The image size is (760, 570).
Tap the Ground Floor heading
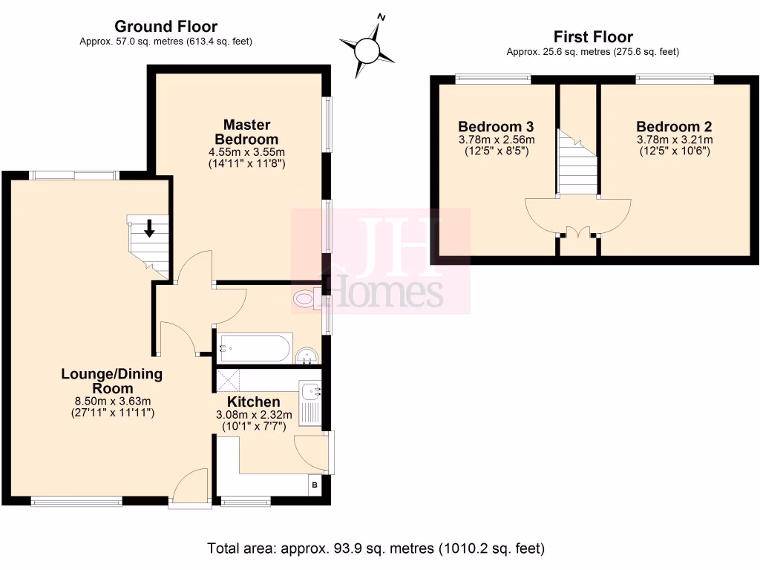tap(166, 27)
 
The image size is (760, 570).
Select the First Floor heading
tap(593, 37)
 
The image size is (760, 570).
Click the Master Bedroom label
tap(246, 132)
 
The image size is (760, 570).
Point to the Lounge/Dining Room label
tap(111, 381)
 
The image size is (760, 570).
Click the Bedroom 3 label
tap(496, 126)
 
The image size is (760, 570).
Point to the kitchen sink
tap(309, 391)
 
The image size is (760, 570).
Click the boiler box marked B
tap(315, 486)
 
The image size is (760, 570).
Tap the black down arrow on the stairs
tap(150, 229)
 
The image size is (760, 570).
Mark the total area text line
tap(376, 549)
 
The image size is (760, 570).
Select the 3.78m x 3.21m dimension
tap(674, 140)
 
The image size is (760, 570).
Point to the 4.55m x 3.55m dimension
tap(246, 152)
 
